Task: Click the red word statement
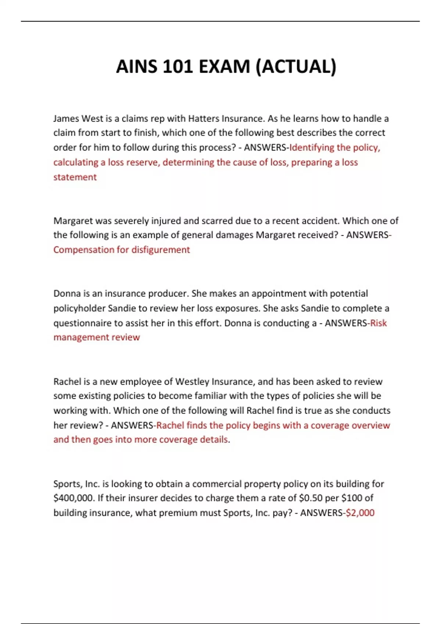click(x=75, y=177)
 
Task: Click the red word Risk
click(x=379, y=323)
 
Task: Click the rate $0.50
click(x=310, y=498)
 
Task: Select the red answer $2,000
click(x=360, y=513)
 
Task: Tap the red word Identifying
click(x=312, y=148)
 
